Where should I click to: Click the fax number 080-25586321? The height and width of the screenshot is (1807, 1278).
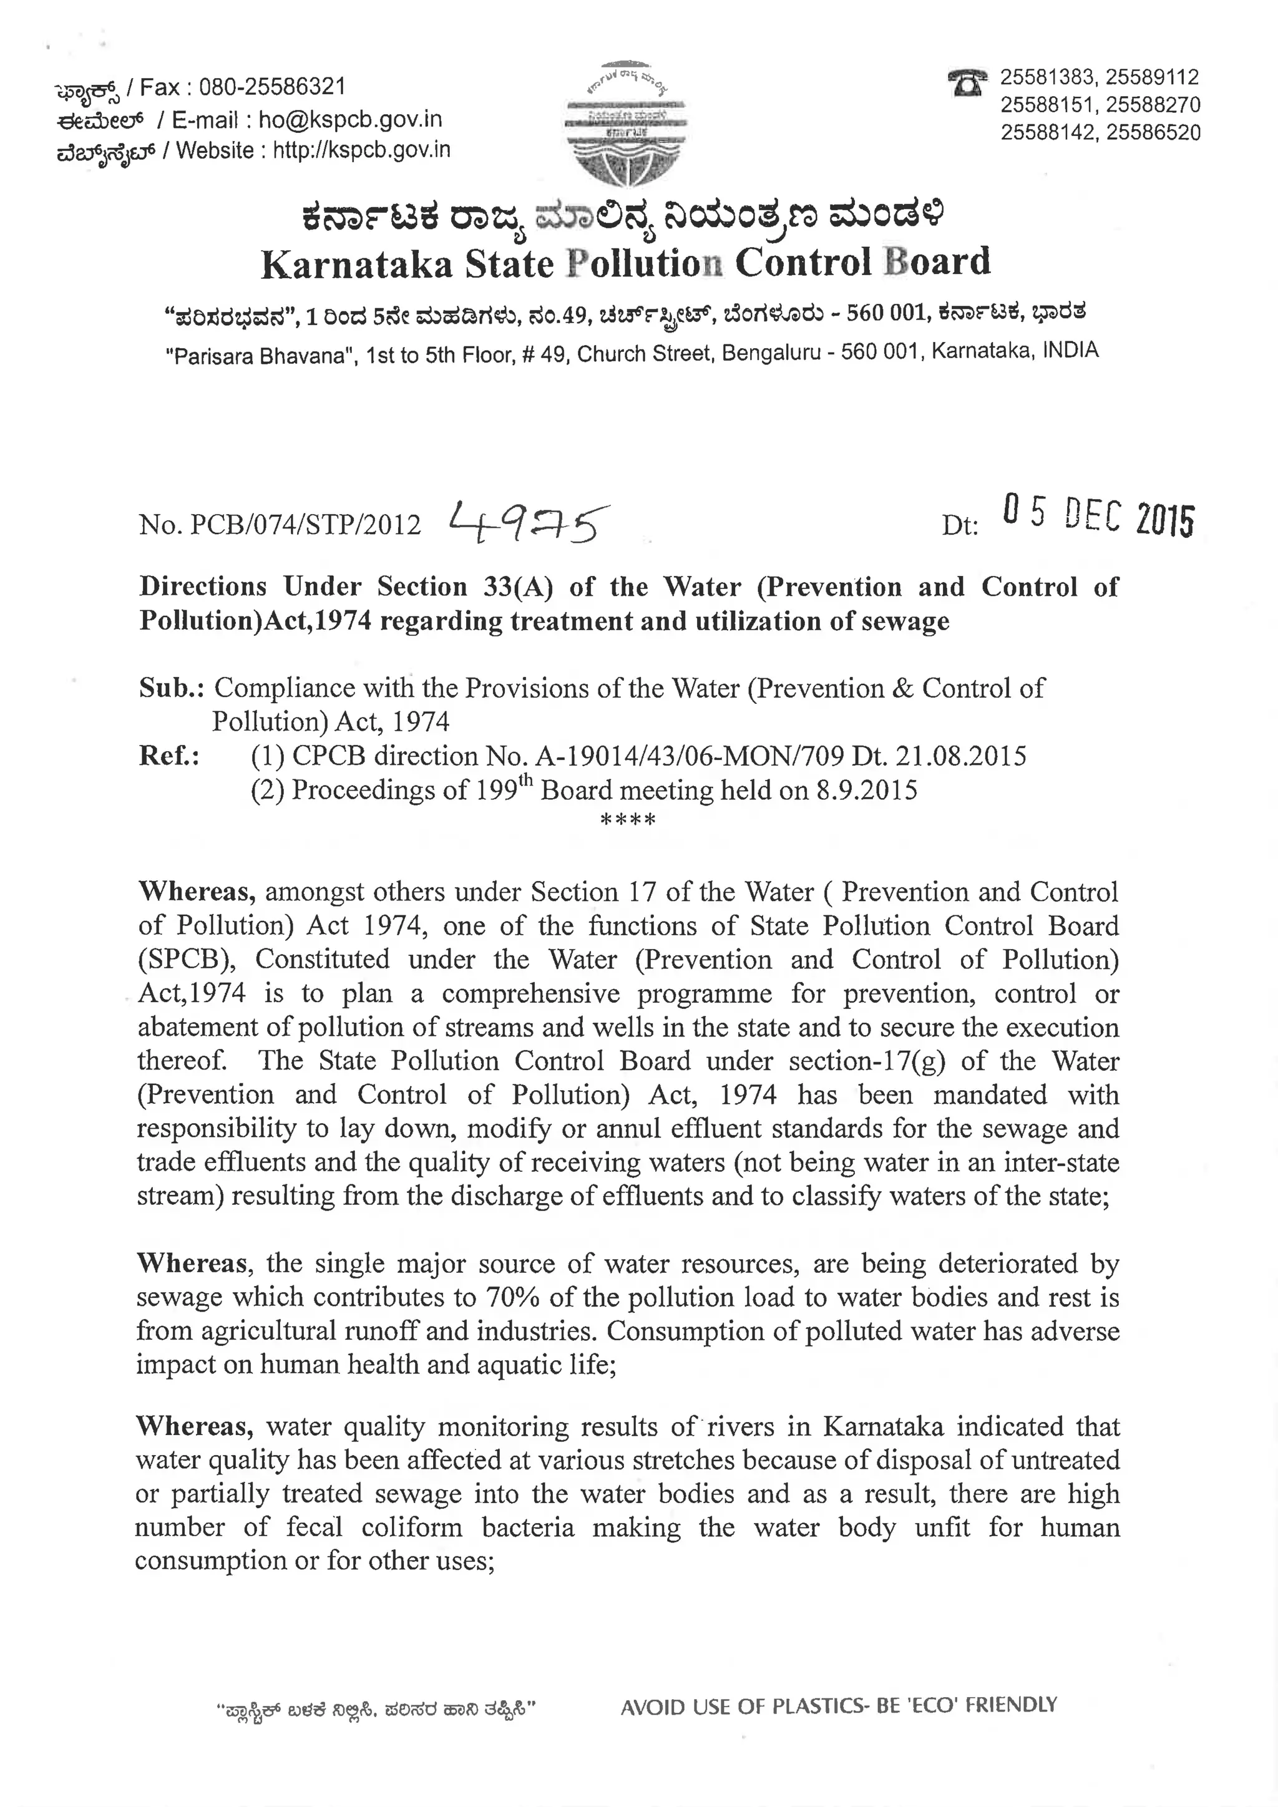pos(271,87)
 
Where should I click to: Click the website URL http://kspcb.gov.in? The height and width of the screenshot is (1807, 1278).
pos(361,150)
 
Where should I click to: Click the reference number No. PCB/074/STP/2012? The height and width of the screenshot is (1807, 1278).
pos(280,525)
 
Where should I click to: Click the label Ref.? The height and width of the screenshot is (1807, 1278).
pos(168,756)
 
